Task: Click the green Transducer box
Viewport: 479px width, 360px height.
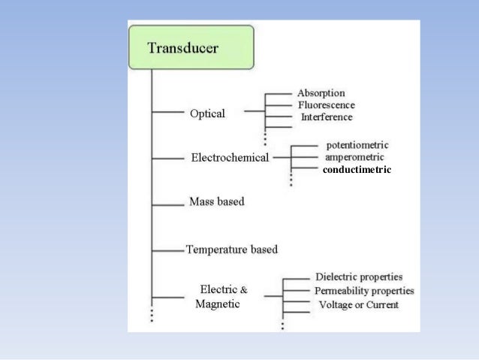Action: (x=194, y=49)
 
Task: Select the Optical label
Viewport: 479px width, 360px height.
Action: (x=207, y=113)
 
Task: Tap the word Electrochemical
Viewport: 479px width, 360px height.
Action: (x=230, y=159)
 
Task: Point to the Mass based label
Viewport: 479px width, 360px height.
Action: (x=217, y=202)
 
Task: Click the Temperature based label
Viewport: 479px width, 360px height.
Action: (x=232, y=249)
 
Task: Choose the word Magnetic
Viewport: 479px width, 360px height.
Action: (x=218, y=304)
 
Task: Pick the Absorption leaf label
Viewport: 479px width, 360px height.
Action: (x=322, y=92)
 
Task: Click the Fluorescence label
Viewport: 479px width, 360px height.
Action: (x=327, y=105)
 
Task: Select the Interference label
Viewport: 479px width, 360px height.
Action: (x=327, y=117)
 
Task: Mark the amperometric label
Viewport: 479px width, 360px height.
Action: (x=355, y=157)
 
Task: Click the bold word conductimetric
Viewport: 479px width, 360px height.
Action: (x=357, y=171)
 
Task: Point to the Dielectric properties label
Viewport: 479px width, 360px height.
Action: (x=359, y=277)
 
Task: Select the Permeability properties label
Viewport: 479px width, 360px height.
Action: (x=364, y=291)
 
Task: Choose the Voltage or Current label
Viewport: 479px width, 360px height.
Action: (x=359, y=304)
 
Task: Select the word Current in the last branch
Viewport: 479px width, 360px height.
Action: (x=382, y=304)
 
